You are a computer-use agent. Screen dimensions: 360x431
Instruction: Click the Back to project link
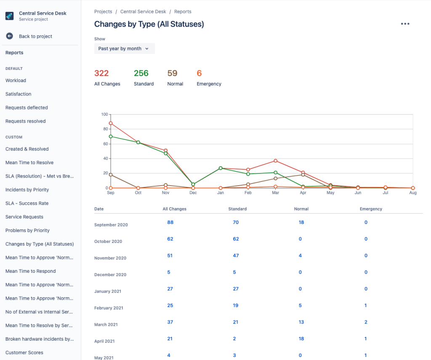click(x=35, y=37)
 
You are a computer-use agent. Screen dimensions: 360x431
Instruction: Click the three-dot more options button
click(x=405, y=24)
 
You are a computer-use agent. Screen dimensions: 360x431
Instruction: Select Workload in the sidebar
click(x=16, y=80)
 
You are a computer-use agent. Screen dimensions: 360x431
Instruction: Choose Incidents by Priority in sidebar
click(x=27, y=190)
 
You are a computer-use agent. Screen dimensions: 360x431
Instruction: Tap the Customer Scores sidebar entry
click(x=24, y=353)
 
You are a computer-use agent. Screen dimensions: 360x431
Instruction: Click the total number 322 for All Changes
click(x=101, y=73)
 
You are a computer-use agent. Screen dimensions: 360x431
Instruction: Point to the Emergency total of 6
click(x=200, y=73)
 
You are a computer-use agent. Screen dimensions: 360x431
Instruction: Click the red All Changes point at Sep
click(x=111, y=123)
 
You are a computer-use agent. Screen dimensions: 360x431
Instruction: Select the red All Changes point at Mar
click(x=276, y=161)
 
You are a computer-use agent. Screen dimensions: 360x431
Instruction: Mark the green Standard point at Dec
click(x=193, y=184)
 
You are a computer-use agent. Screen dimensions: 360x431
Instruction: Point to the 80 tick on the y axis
click(x=105, y=129)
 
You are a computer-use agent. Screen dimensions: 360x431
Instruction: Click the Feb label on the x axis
click(x=248, y=193)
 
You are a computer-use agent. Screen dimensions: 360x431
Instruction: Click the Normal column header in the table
click(x=301, y=209)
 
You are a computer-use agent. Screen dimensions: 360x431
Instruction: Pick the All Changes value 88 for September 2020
click(x=170, y=222)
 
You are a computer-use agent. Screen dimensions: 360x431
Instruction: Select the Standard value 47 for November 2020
click(x=236, y=256)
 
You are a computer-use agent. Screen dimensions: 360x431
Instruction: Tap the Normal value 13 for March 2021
click(x=301, y=322)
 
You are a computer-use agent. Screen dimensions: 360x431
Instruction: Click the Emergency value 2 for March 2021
click(x=366, y=322)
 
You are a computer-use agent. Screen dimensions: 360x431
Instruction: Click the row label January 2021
click(x=108, y=291)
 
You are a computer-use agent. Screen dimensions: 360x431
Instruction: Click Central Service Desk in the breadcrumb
click(x=143, y=12)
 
